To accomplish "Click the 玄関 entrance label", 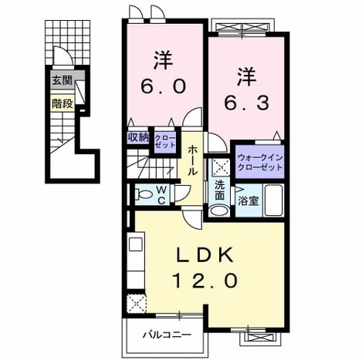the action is (63, 81).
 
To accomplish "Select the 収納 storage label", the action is (139, 138).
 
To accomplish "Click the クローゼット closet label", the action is (165, 141).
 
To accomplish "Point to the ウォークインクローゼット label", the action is (260, 163).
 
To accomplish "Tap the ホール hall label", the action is (192, 160).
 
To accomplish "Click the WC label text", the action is (161, 196).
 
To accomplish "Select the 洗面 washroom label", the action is (220, 190).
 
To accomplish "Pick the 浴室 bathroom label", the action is (248, 201).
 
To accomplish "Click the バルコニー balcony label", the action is (167, 335).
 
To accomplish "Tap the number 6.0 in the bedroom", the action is (163, 86).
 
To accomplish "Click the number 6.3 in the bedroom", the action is (247, 103).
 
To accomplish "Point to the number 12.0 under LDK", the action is (205, 281).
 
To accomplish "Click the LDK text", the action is (205, 254).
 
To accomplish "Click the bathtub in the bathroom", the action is (274, 200).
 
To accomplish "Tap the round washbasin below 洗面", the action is (219, 210).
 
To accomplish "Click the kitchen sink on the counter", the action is (136, 244).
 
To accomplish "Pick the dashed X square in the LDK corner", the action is (137, 304).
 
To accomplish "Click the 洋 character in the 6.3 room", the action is (246, 76).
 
